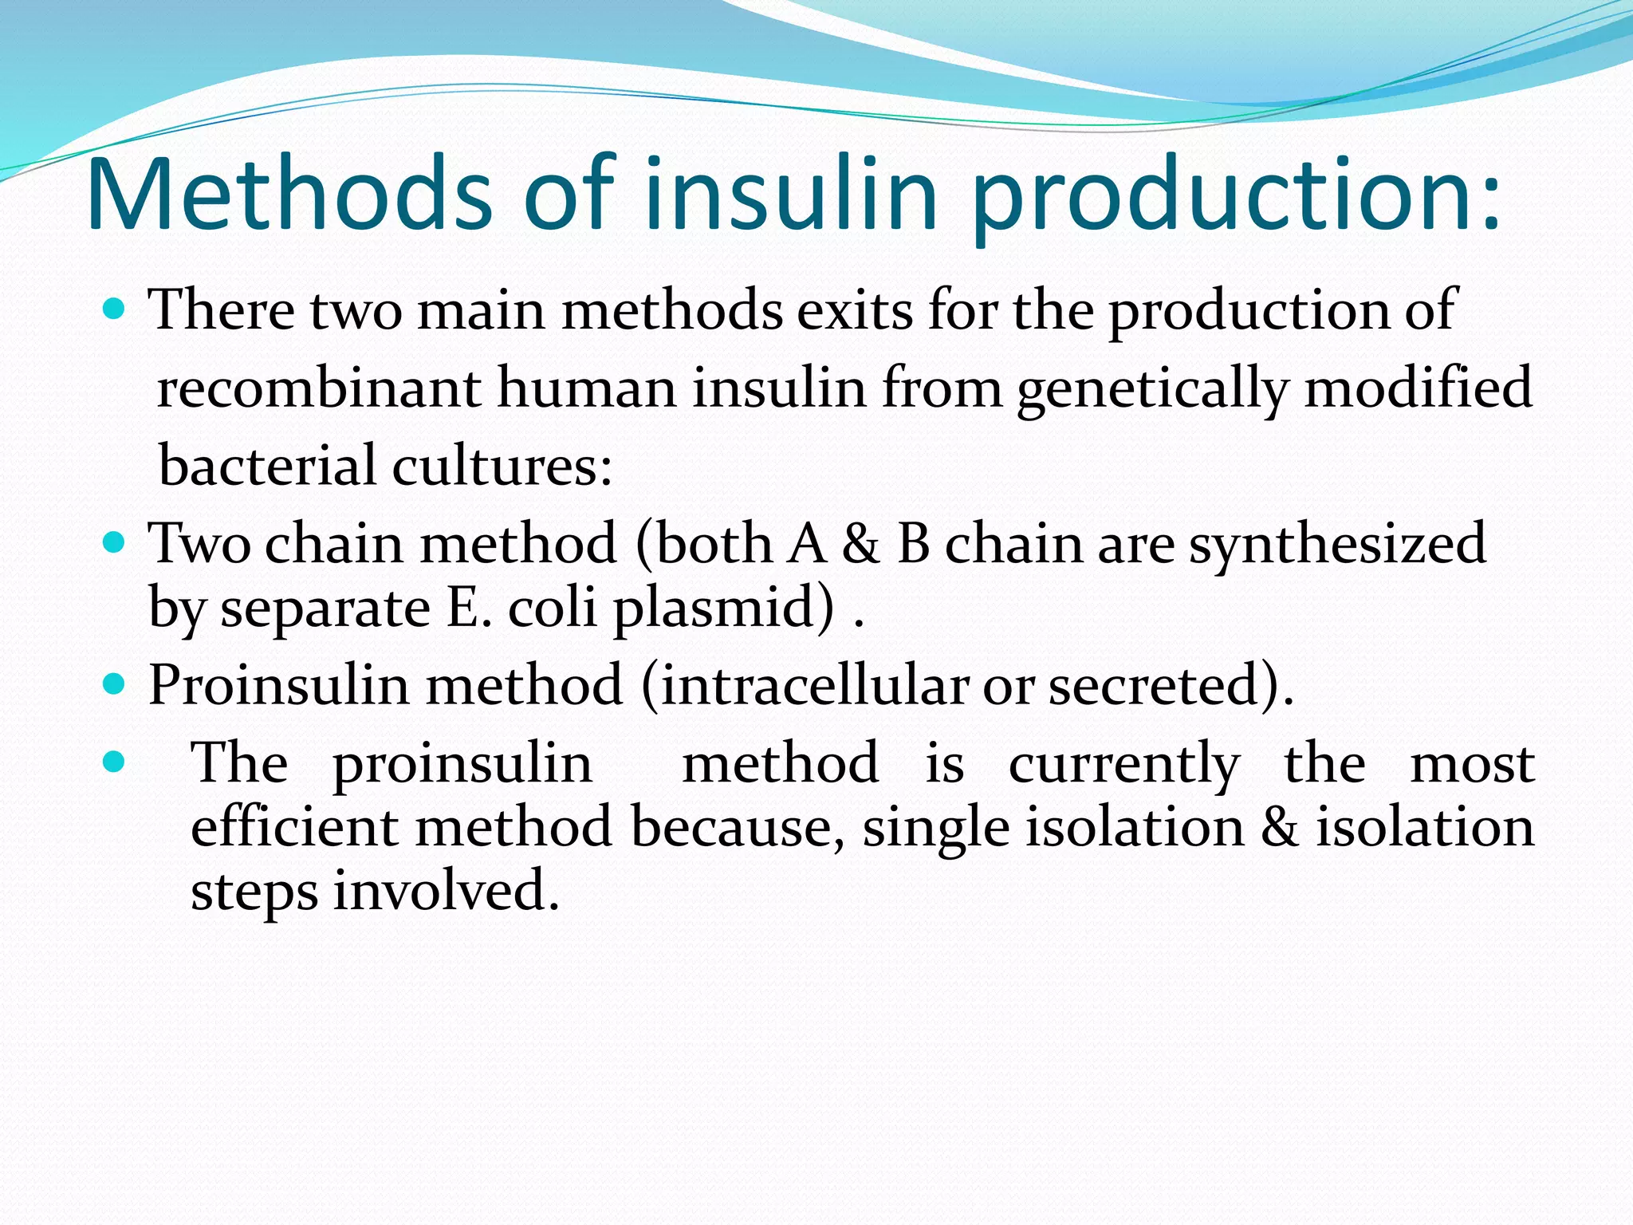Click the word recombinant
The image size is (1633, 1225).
pos(319,388)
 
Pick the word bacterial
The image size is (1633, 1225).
pos(267,465)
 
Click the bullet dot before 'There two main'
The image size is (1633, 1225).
pos(115,309)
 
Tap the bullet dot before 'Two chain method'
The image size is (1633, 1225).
pos(115,543)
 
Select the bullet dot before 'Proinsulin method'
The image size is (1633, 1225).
pos(115,683)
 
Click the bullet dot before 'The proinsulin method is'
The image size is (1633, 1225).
pos(115,762)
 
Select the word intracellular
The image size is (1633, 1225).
pos(815,685)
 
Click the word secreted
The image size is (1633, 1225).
pos(1157,686)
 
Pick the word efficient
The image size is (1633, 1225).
pos(294,827)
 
